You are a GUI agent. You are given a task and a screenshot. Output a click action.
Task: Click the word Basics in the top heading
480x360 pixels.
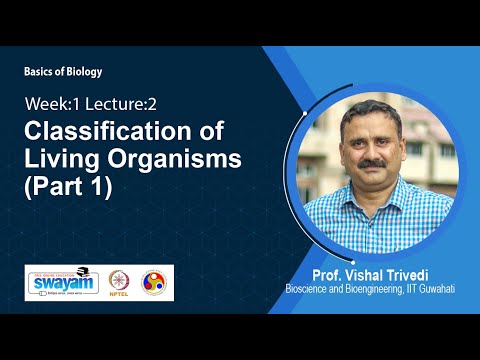coord(39,72)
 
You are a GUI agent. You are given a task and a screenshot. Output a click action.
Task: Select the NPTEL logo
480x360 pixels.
coord(119,282)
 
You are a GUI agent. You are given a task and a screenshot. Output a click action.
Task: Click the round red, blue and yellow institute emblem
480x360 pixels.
coord(154,281)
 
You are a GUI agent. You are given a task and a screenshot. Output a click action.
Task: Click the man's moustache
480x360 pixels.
coord(365,156)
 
